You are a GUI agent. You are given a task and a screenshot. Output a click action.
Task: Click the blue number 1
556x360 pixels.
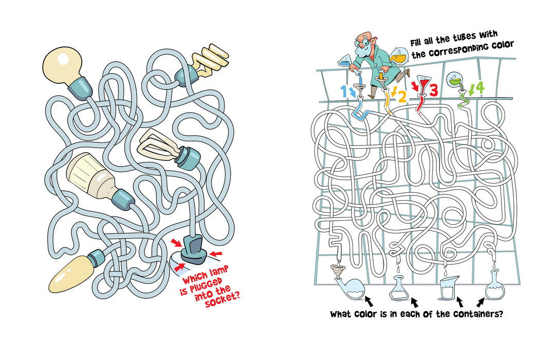[x=343, y=91]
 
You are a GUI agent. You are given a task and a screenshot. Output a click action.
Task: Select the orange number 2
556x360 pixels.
[x=402, y=97]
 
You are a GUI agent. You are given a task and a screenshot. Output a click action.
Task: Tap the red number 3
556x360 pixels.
[x=433, y=90]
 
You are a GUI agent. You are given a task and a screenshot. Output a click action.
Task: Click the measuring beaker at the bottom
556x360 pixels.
[x=450, y=287]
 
